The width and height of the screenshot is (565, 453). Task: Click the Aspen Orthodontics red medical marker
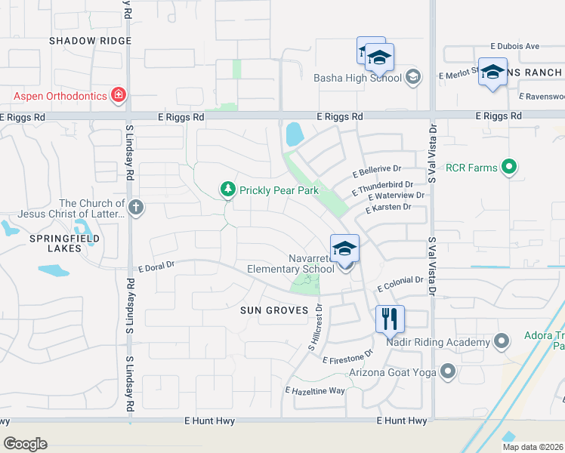click(118, 95)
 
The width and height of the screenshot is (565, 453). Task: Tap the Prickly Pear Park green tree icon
click(227, 190)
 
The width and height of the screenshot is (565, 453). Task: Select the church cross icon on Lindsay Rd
click(136, 208)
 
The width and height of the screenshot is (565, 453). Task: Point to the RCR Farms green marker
click(509, 167)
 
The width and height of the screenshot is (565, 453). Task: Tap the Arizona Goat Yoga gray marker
click(448, 371)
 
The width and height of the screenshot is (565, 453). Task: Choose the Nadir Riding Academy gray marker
click(499, 342)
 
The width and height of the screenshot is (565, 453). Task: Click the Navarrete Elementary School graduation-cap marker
click(344, 248)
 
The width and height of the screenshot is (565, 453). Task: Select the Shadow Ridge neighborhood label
click(91, 41)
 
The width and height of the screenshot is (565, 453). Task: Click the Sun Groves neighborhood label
click(274, 310)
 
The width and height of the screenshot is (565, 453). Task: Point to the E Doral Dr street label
click(156, 266)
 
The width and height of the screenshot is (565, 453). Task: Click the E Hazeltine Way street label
click(314, 390)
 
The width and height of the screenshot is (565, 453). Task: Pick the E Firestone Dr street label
click(347, 357)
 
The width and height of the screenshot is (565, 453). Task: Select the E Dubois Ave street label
click(514, 46)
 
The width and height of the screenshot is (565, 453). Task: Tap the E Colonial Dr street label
click(400, 284)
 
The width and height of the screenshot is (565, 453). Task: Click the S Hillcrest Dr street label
click(315, 327)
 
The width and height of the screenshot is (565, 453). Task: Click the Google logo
click(25, 444)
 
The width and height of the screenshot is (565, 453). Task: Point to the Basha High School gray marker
click(413, 76)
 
